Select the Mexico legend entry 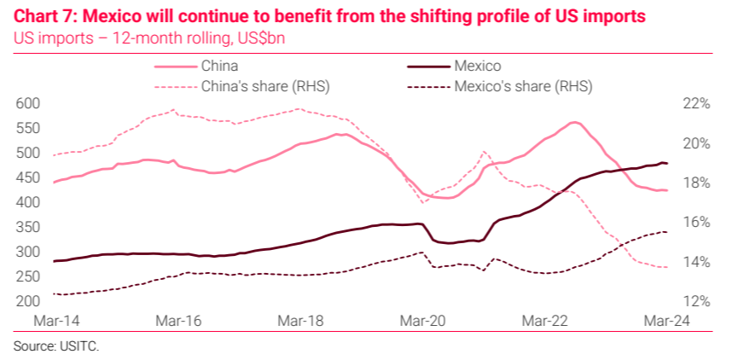tap(478, 66)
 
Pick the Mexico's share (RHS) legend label tap(524, 85)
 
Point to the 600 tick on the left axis tap(28, 103)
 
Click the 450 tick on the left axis tap(28, 177)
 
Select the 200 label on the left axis tap(28, 301)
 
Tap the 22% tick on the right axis tap(697, 103)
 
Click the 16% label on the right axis tap(697, 222)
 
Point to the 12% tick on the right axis tap(697, 301)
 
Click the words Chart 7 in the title tap(45, 16)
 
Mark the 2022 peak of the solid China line tap(574, 122)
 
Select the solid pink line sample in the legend tap(173, 66)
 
